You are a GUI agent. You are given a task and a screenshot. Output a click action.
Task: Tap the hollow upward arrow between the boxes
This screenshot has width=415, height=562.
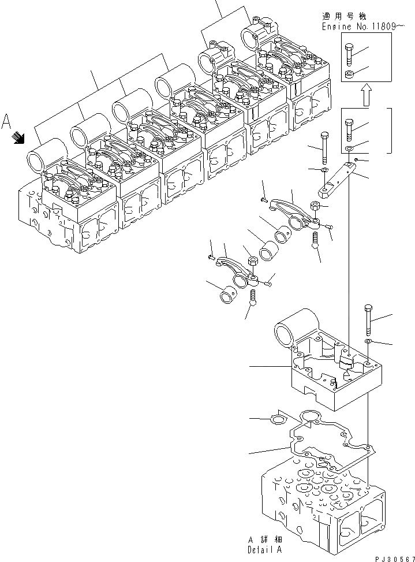(x=365, y=95)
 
